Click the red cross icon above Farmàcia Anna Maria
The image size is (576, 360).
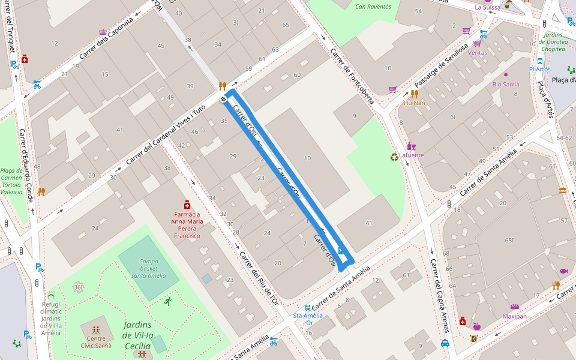coord(187,204)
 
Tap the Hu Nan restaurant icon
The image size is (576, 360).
coord(415,94)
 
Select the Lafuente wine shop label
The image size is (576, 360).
coord(411,155)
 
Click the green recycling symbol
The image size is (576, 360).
coord(394,157)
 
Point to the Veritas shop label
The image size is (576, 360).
coord(478,52)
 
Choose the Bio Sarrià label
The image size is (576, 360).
coord(505,84)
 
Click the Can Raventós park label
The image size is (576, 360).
coord(373,7)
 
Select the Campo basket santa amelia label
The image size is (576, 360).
coord(149,268)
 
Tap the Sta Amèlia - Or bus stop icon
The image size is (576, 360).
coord(308,307)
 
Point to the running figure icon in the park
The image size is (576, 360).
coord(167,301)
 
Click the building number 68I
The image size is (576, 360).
coord(509,241)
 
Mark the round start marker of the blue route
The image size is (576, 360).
coord(223,99)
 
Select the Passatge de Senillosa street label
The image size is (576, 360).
coord(440,65)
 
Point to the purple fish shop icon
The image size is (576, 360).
coord(563,271)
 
